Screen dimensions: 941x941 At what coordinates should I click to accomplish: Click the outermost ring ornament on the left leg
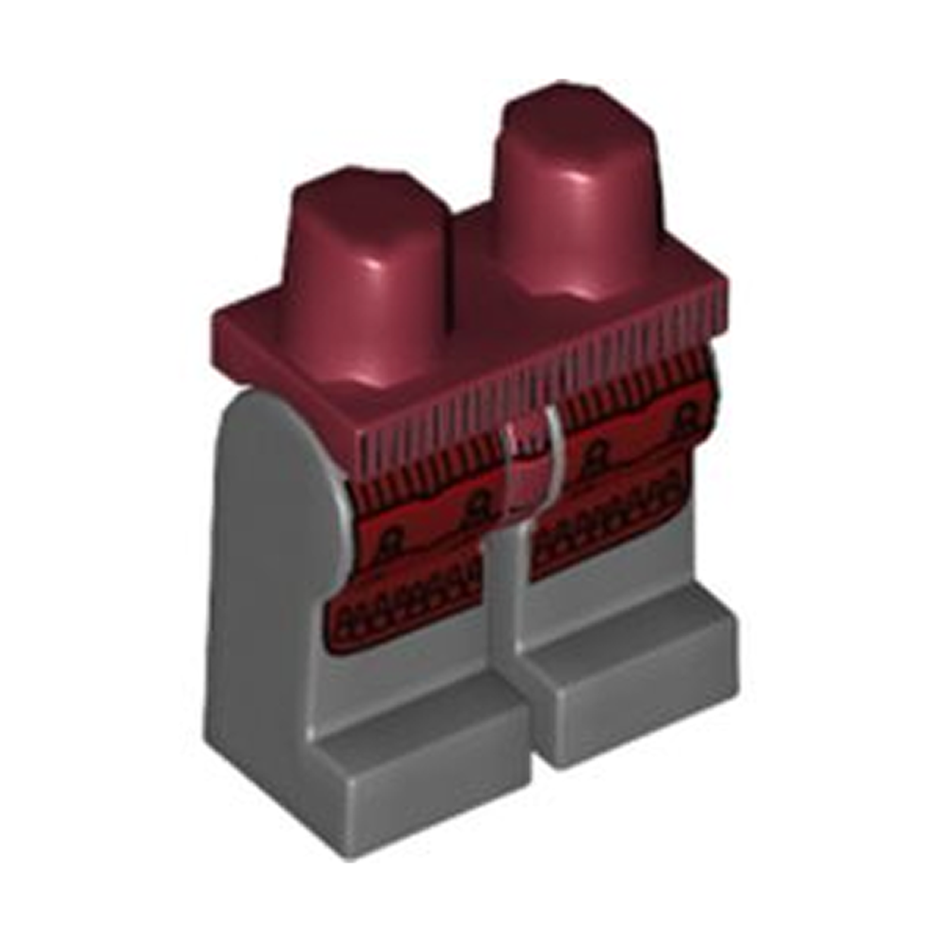(x=396, y=542)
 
